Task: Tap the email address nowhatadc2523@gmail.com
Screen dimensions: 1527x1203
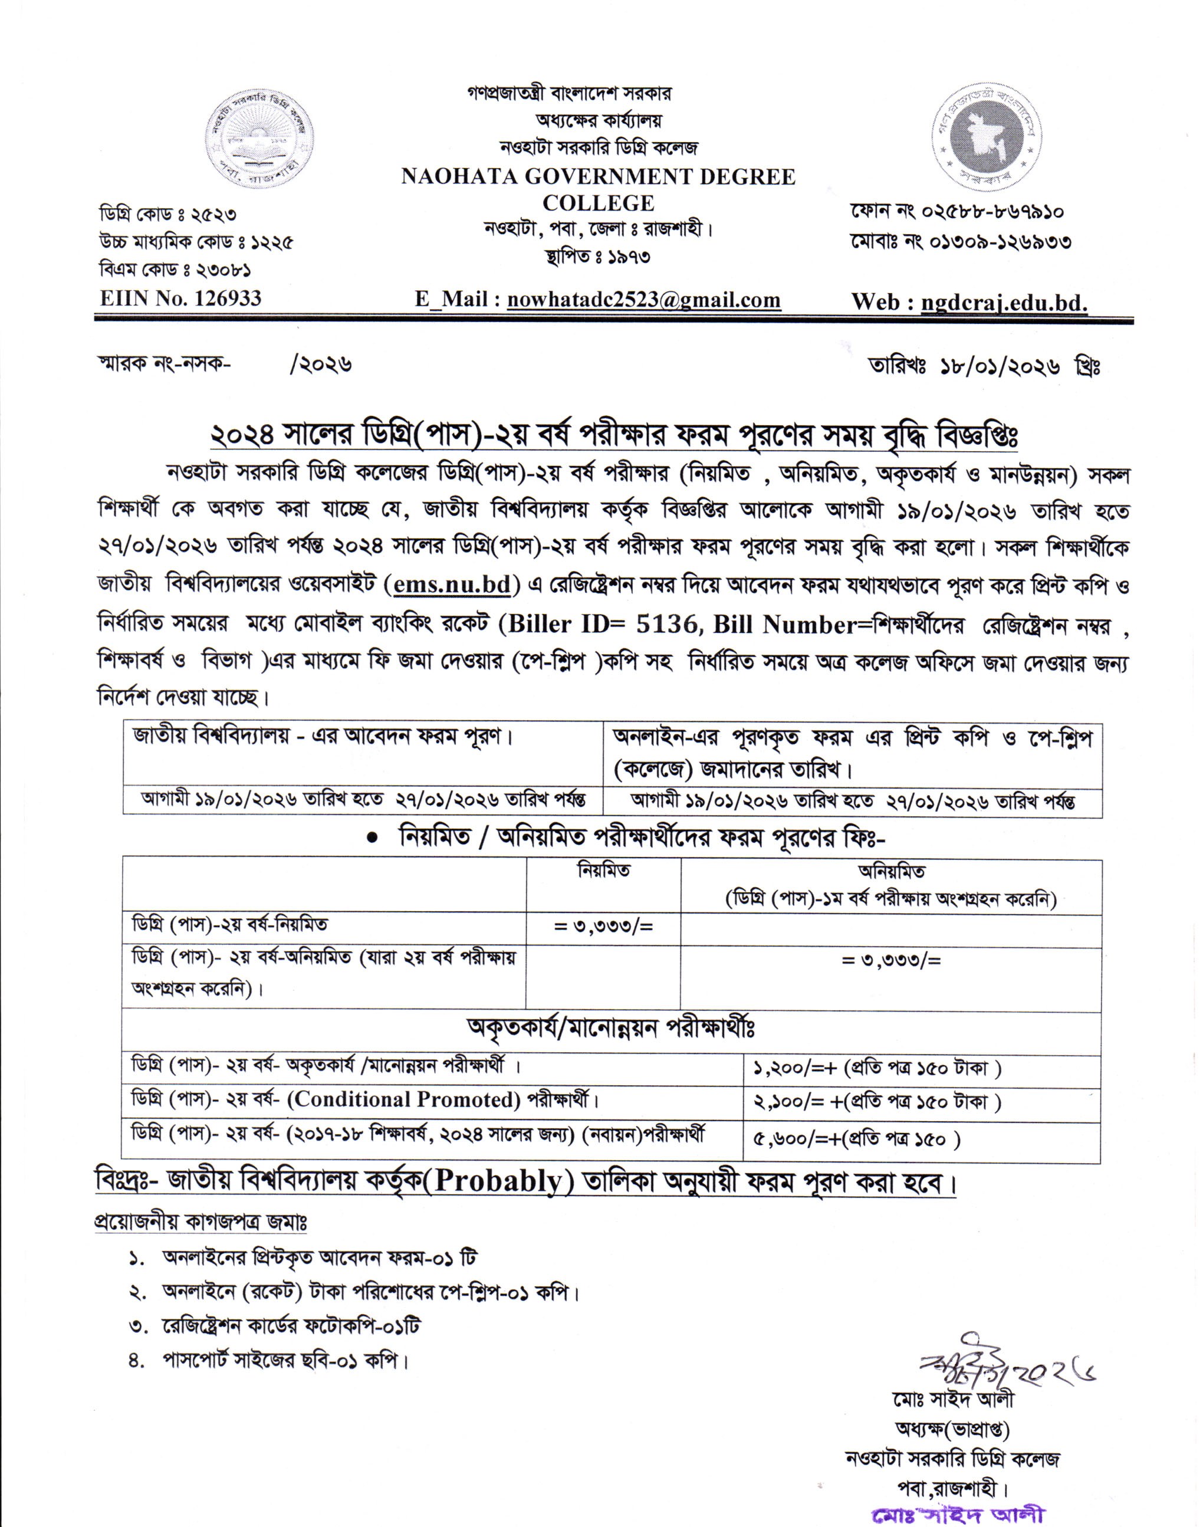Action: point(644,300)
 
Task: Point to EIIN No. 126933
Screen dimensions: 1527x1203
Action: point(180,298)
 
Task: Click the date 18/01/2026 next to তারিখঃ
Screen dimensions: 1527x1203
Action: point(1000,366)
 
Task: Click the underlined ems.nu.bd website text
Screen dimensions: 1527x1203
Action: point(452,585)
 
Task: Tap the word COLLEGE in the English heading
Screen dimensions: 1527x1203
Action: point(598,203)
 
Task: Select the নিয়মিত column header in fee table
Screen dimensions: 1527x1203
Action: point(604,871)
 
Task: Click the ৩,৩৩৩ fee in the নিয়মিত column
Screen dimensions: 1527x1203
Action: point(604,927)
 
